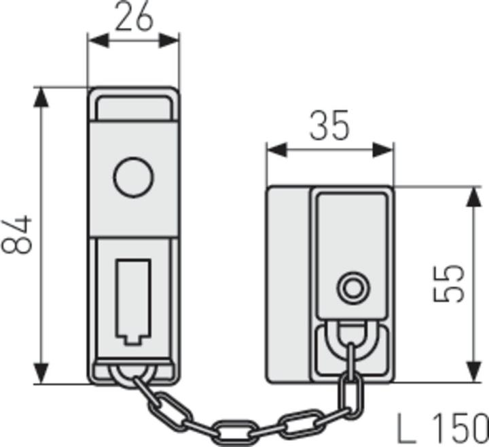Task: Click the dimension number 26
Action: click(x=133, y=18)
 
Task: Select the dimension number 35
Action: click(x=330, y=127)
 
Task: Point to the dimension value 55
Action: click(x=450, y=282)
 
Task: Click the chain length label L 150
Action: click(x=442, y=427)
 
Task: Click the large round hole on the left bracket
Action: click(x=133, y=178)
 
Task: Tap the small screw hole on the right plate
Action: click(x=351, y=288)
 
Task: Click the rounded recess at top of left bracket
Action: click(x=133, y=107)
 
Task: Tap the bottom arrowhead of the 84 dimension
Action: click(x=42, y=374)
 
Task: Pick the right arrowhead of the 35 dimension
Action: click(x=384, y=150)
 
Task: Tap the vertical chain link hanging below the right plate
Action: click(x=350, y=395)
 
